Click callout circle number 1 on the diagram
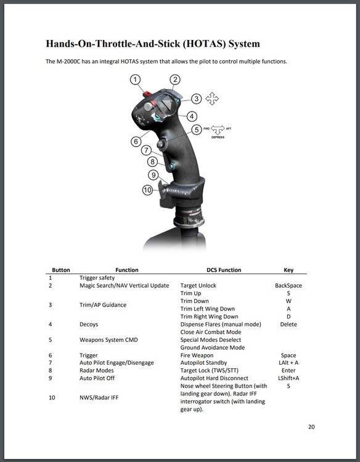(135, 80)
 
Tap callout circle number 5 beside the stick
(197, 129)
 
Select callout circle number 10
(148, 190)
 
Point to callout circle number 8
(152, 161)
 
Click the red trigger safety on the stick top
(147, 94)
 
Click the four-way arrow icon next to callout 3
(212, 99)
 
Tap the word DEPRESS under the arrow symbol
(218, 137)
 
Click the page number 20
(311, 427)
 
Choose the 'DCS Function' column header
(224, 270)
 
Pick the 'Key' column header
(288, 270)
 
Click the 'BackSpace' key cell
(288, 285)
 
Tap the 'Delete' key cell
(288, 325)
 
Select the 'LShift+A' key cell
(288, 378)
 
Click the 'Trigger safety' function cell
(97, 278)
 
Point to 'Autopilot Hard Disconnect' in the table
(215, 378)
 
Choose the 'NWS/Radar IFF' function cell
(99, 397)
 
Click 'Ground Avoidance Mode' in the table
(213, 347)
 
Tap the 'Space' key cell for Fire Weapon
(288, 355)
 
